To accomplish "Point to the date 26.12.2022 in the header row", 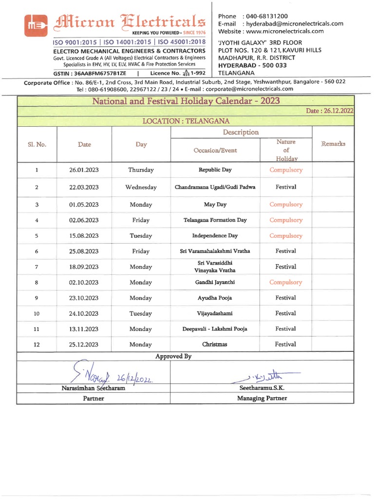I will pos(329,111).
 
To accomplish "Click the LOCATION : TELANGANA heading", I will pos(186,121).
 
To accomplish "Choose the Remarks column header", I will pos(333,144).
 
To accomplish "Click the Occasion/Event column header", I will pos(215,150).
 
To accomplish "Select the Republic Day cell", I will pos(215,170).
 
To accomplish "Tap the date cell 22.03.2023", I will pos(84,187).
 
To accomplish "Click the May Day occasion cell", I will pos(215,205).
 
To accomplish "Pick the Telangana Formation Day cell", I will pos(215,220).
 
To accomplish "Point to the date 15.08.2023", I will pos(84,236).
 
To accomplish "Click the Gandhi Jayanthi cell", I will pos(215,282).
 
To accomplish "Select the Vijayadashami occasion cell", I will pos(215,313).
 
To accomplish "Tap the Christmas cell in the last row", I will pos(215,344).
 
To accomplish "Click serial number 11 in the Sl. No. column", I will pos(37,329).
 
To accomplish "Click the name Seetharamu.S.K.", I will pos(262,388).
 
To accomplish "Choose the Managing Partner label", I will pos(262,398).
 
